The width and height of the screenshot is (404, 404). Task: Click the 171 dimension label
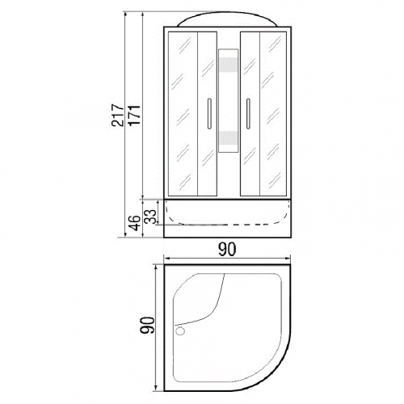(134, 115)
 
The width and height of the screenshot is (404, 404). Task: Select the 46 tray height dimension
(134, 223)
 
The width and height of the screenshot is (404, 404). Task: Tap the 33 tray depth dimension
(150, 217)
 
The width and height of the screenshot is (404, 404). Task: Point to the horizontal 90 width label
(227, 250)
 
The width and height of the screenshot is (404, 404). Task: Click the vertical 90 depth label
(147, 325)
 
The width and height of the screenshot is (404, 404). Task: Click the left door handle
(209, 113)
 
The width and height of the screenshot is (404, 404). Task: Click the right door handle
(248, 113)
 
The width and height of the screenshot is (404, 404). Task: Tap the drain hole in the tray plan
(180, 330)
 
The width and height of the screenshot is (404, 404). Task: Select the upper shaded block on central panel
(229, 65)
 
